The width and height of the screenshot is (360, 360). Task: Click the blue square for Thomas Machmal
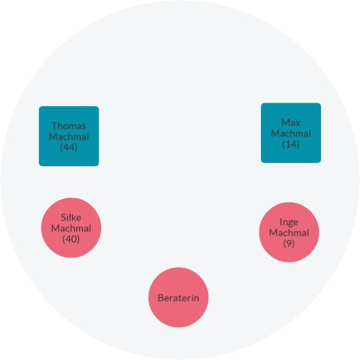[69, 136]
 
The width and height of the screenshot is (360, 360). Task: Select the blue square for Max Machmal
[291, 133]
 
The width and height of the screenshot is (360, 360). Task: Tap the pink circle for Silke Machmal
[71, 227]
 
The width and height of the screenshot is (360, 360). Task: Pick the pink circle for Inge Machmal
[289, 232]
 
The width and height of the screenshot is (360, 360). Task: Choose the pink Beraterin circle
[179, 297]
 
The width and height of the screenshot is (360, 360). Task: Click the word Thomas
[69, 126]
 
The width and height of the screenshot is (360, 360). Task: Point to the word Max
[291, 123]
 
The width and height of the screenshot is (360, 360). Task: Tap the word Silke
[71, 218]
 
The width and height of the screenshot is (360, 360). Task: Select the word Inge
[289, 223]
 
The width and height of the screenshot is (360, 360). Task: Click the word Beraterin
[179, 298]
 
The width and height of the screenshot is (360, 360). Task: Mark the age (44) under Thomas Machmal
[68, 147]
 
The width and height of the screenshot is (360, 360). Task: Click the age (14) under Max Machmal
[291, 144]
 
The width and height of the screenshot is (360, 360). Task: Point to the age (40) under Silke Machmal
[71, 239]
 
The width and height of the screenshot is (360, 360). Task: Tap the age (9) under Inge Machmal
[289, 243]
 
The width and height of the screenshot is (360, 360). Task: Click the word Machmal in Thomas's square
[69, 137]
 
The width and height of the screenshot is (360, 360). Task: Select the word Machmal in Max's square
[291, 133]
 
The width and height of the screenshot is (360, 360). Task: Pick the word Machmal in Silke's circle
[71, 228]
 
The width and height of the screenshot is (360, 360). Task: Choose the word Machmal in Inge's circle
[289, 232]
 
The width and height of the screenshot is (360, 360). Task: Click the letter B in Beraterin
[160, 298]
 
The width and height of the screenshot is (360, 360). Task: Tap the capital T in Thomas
[54, 126]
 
